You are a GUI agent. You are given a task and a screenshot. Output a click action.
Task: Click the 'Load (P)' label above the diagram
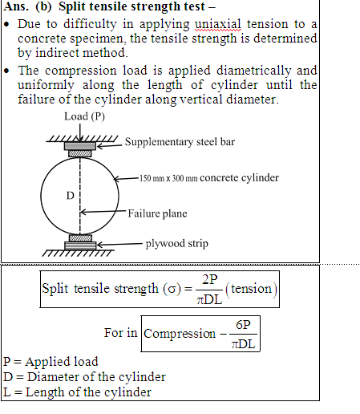pyautogui.click(x=84, y=116)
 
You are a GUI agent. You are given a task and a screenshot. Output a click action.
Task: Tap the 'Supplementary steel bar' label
pyautogui.click(x=180, y=142)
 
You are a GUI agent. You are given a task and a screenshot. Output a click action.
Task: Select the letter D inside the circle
pyautogui.click(x=71, y=196)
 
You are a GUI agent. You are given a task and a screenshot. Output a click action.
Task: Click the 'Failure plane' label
pyautogui.click(x=157, y=213)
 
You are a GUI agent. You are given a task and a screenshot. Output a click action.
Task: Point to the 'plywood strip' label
pyautogui.click(x=176, y=244)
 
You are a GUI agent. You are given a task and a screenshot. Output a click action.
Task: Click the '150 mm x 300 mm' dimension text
pyautogui.click(x=168, y=178)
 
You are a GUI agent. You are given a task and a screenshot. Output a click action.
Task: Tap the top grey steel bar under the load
pyautogui.click(x=80, y=146)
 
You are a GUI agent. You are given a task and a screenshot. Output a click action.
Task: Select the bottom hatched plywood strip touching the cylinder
pyautogui.click(x=80, y=237)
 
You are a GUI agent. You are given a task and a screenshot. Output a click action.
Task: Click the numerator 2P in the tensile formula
pyautogui.click(x=210, y=280)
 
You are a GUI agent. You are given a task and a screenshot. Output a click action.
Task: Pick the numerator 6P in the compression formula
pyautogui.click(x=243, y=325)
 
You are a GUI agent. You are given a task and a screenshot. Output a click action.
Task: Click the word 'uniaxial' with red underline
pyautogui.click(x=218, y=24)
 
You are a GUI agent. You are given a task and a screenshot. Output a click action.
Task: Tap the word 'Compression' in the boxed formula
pyautogui.click(x=180, y=334)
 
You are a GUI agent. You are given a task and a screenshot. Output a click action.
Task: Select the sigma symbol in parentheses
pyautogui.click(x=172, y=290)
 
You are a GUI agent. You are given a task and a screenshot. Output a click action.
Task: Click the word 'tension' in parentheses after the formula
pyautogui.click(x=251, y=289)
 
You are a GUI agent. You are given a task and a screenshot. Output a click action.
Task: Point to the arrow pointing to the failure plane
pyautogui.click(x=103, y=212)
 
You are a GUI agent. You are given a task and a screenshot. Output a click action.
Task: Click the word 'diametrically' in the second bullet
pyautogui.click(x=253, y=71)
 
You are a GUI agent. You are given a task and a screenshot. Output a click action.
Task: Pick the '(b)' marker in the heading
pyautogui.click(x=43, y=6)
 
